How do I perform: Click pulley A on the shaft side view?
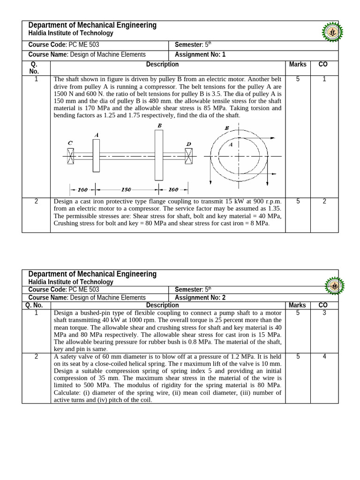tap(96, 155)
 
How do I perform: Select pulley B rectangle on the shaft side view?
tap(159, 155)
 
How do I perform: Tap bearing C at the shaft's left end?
tap(70, 156)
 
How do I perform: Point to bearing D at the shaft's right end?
tap(188, 156)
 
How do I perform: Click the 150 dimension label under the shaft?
tap(126, 190)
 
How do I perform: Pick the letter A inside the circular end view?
tap(230, 145)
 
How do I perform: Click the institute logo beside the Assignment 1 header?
tap(332, 32)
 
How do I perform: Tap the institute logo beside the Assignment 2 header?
tap(334, 285)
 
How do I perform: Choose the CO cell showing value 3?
tap(323, 313)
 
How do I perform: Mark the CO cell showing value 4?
tap(323, 357)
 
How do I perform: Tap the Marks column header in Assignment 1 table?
tap(298, 65)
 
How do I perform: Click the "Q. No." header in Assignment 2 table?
tap(36, 305)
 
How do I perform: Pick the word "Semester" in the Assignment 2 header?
tap(188, 290)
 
